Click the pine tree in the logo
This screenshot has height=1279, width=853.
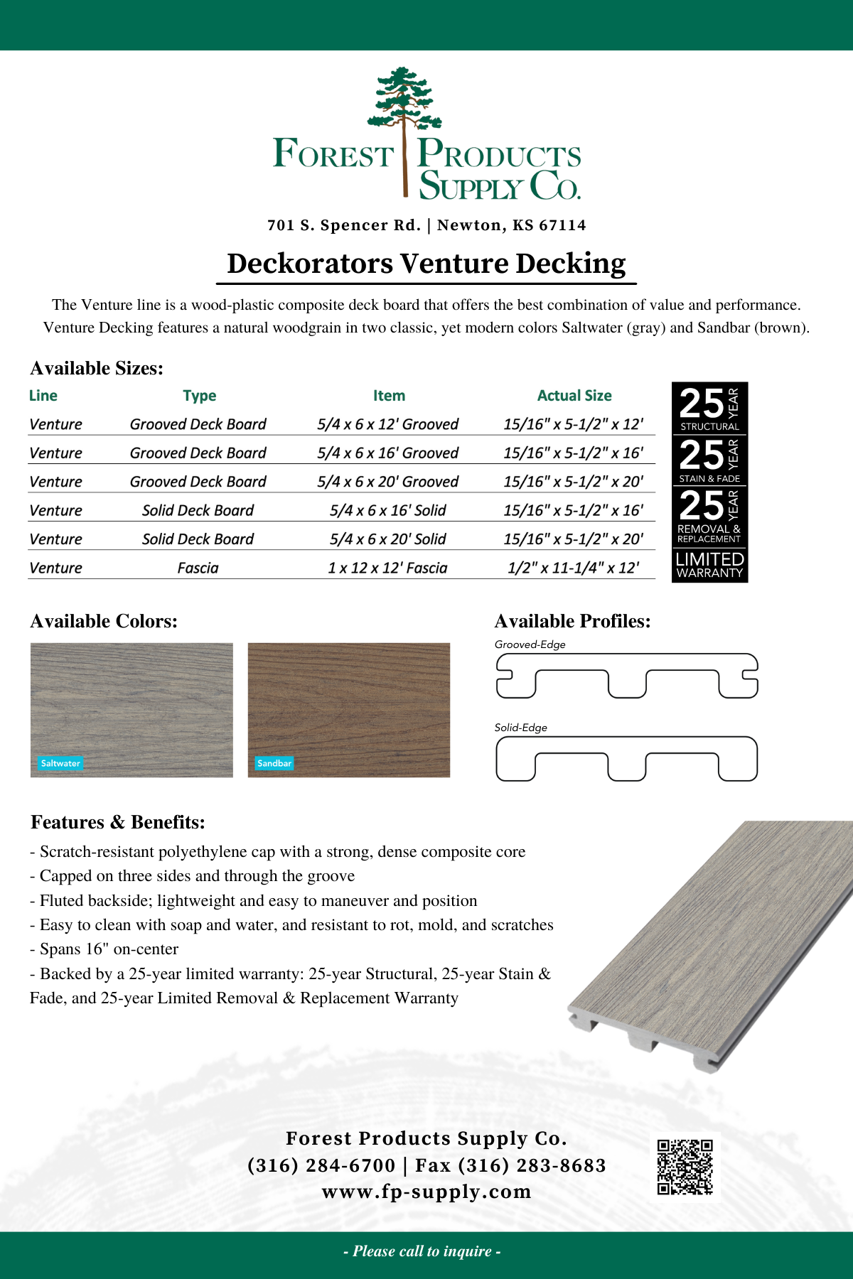[x=404, y=107]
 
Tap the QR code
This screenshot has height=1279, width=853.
[x=685, y=1167]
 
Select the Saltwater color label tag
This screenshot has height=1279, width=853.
[x=60, y=763]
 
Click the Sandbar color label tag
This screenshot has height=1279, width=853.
[x=274, y=763]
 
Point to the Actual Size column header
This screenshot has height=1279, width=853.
[x=574, y=396]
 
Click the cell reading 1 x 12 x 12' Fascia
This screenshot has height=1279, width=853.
[x=387, y=568]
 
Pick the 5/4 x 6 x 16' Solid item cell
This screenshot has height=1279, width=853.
[x=387, y=510]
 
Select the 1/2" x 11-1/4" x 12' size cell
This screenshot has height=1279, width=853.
[x=573, y=568]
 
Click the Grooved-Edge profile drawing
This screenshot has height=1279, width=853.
[x=626, y=676]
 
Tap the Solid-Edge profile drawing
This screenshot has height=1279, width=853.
[x=626, y=759]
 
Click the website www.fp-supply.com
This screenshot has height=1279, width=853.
[x=426, y=1192]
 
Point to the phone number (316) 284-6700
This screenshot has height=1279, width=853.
[x=321, y=1165]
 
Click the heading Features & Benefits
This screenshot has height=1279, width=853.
[x=118, y=822]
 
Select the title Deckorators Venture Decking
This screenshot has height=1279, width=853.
[x=426, y=264]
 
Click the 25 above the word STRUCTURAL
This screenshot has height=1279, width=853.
[x=701, y=403]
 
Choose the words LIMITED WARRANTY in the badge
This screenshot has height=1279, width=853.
[x=709, y=566]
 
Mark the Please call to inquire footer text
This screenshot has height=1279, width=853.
[x=422, y=1251]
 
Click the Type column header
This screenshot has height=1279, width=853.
[x=199, y=396]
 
